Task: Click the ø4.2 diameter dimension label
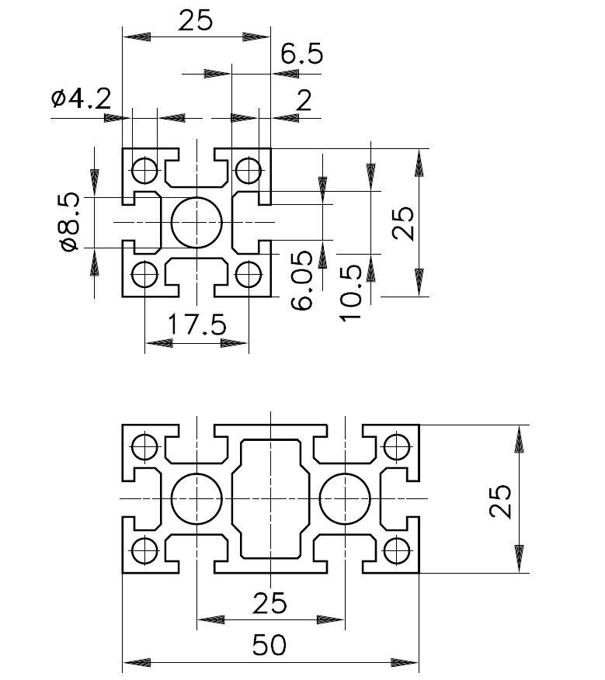click(81, 99)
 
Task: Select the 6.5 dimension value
click(301, 54)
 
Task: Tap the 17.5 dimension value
click(197, 324)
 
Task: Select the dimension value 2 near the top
click(304, 100)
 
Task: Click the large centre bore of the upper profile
click(197, 222)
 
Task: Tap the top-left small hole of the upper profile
click(144, 168)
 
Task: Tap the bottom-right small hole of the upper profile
click(249, 274)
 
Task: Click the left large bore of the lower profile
click(196, 497)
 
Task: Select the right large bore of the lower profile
click(345, 497)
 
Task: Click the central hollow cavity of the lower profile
click(270, 497)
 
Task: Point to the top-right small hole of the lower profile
click(397, 446)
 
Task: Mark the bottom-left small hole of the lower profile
click(144, 550)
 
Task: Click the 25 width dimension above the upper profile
click(195, 21)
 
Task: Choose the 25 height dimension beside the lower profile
click(501, 501)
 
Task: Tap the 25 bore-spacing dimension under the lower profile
click(270, 602)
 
